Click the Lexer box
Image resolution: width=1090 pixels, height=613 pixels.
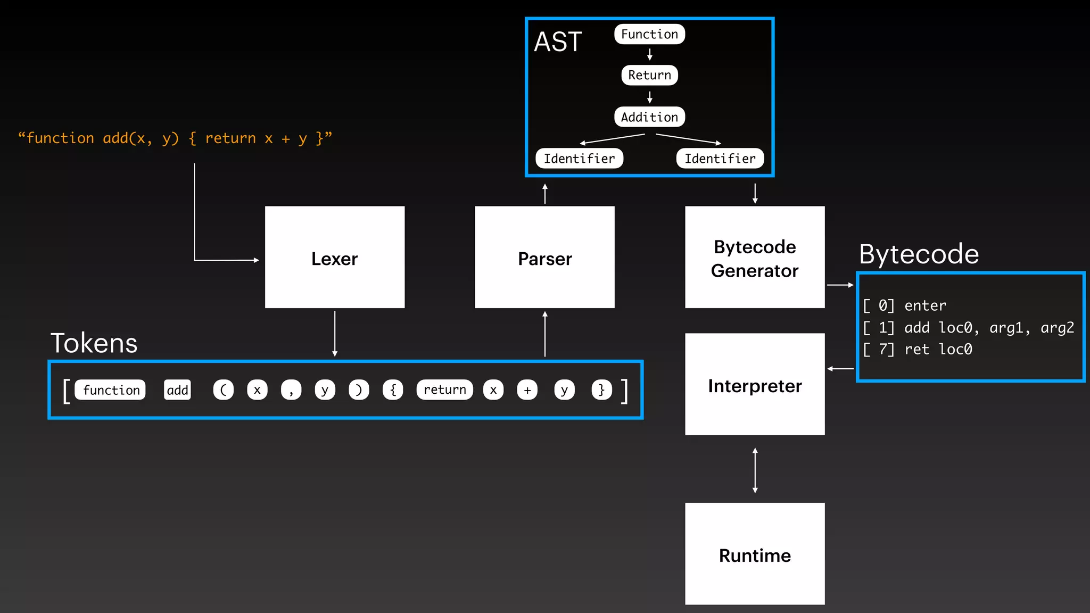(x=334, y=258)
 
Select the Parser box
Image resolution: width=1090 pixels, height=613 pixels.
(x=544, y=258)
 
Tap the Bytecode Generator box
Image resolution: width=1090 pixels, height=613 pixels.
(x=754, y=258)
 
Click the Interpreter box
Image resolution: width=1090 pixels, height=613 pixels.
(x=754, y=385)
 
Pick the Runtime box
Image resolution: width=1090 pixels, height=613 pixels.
(x=754, y=554)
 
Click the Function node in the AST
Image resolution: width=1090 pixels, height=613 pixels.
(x=649, y=34)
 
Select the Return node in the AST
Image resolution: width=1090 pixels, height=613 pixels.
(x=649, y=75)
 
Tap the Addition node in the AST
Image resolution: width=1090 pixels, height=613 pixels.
(x=649, y=117)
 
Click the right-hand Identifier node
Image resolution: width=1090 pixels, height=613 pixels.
(x=720, y=159)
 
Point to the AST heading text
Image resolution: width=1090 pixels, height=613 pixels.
(x=558, y=42)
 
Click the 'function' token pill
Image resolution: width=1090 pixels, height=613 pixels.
(x=111, y=390)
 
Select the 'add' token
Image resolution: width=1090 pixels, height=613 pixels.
(x=177, y=390)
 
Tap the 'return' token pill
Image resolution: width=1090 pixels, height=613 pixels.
(x=444, y=390)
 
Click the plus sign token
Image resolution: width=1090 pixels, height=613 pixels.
(x=527, y=390)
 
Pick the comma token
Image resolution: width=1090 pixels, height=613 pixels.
(x=291, y=390)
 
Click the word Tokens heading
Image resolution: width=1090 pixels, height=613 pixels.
(x=94, y=343)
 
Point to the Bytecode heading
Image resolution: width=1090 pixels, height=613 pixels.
(x=919, y=254)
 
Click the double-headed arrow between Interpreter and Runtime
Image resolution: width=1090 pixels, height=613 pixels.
(x=755, y=470)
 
